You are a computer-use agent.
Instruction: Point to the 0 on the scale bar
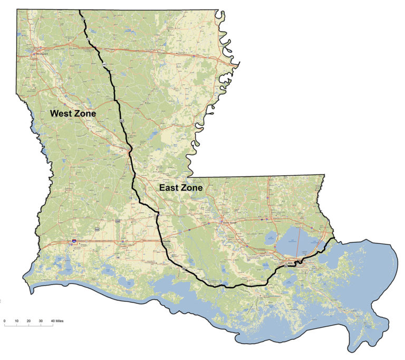click(x=5, y=320)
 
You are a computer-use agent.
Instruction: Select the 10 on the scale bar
click(x=17, y=320)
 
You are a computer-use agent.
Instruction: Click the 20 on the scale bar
click(x=28, y=320)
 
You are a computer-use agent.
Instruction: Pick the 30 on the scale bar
click(x=41, y=320)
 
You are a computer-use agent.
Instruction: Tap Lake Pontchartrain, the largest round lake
click(x=293, y=244)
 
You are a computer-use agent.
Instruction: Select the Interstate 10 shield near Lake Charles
click(x=74, y=242)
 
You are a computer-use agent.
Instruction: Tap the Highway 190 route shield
click(x=118, y=221)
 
